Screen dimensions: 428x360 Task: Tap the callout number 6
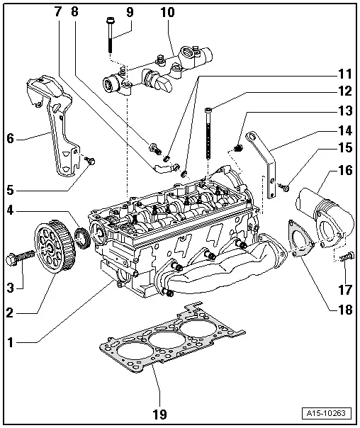[10, 139]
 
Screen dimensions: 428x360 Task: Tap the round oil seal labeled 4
[83, 238]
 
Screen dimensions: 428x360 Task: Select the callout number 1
[10, 342]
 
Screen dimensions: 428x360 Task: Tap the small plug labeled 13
[239, 147]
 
